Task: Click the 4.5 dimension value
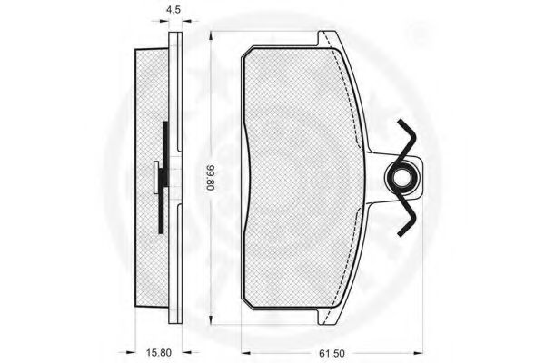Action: [173, 10]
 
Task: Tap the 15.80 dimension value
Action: [158, 353]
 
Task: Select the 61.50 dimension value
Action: [332, 353]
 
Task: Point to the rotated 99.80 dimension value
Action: [211, 178]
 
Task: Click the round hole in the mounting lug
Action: [402, 177]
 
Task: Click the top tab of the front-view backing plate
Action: [327, 38]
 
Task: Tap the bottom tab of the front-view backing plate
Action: [327, 317]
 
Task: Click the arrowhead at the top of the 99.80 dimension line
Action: [211, 36]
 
